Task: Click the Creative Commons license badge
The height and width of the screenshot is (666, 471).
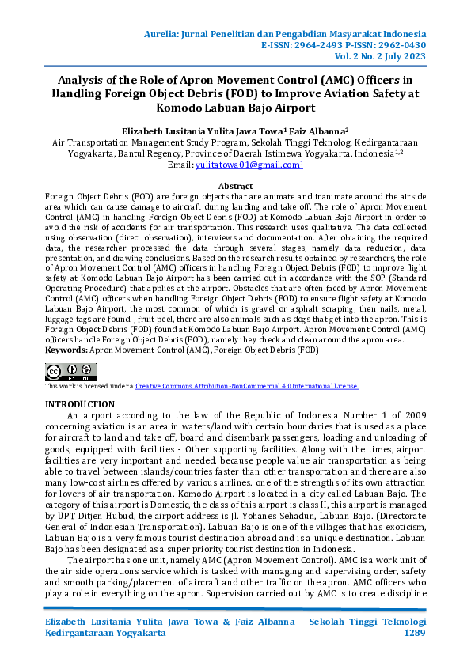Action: [x=71, y=371]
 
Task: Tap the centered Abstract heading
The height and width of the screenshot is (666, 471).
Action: [x=235, y=186]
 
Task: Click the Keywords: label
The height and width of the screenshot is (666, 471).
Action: [x=66, y=349]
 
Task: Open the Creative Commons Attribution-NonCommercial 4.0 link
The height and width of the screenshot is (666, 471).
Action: [x=247, y=386]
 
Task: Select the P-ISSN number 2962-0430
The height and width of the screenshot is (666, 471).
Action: [x=399, y=46]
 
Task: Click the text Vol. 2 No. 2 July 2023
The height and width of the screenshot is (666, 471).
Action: [x=378, y=58]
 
